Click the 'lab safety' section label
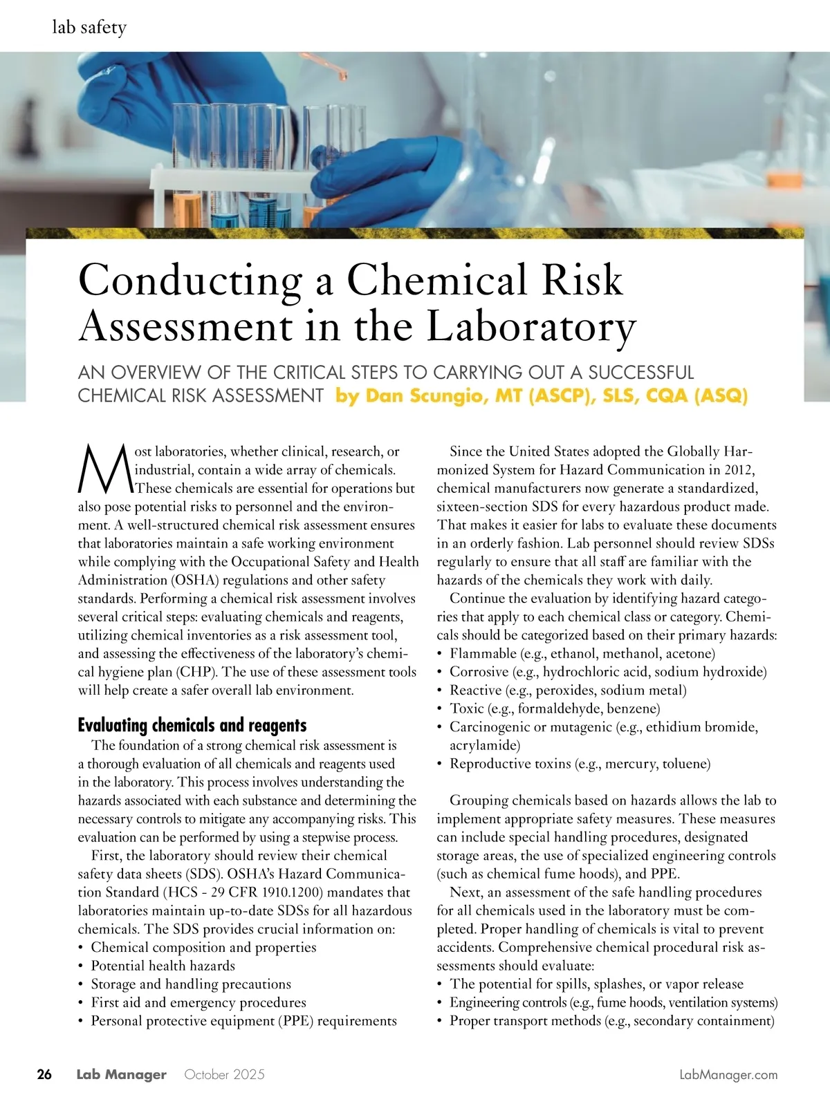click(x=89, y=28)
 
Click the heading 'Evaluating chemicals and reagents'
click(x=192, y=725)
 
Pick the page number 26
click(x=44, y=1074)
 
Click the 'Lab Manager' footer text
click(x=121, y=1074)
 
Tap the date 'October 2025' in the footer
click(x=224, y=1074)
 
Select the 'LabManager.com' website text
click(x=728, y=1074)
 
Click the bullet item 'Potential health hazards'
click(x=163, y=966)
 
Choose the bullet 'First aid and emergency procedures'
click(x=199, y=1002)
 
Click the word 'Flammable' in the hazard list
click(x=483, y=653)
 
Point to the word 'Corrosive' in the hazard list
click(x=478, y=671)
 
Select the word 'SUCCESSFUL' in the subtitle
click(x=640, y=373)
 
